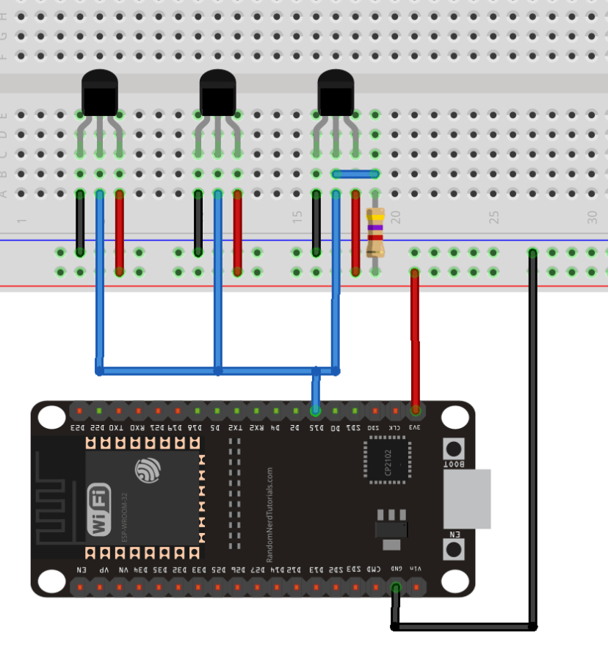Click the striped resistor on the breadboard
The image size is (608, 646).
pyautogui.click(x=375, y=231)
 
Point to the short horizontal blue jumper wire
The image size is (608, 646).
pyautogui.click(x=355, y=174)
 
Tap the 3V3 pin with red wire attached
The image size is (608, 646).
pyautogui.click(x=416, y=410)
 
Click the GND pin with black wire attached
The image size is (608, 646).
pyautogui.click(x=396, y=587)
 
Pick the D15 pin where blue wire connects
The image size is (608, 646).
pyautogui.click(x=316, y=410)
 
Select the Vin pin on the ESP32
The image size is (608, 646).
pyautogui.click(x=416, y=587)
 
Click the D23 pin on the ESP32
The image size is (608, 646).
pyautogui.click(x=79, y=410)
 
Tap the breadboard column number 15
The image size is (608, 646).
pyautogui.click(x=297, y=217)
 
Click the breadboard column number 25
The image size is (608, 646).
pyautogui.click(x=494, y=217)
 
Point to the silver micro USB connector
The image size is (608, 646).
pyautogui.click(x=468, y=498)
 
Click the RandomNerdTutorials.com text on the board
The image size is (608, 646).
pyautogui.click(x=269, y=507)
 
